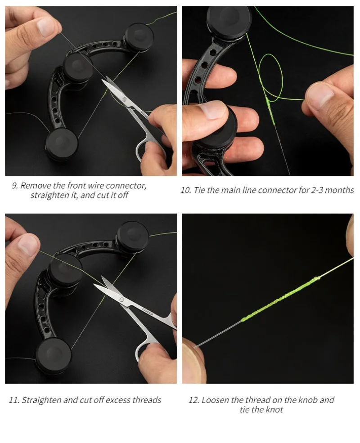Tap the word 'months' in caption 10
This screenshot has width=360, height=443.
(339, 190)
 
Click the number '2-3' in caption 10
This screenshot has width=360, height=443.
(317, 190)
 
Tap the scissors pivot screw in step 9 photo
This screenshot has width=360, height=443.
(124, 99)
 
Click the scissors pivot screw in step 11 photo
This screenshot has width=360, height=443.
(122, 300)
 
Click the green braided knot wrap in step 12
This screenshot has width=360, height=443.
(281, 300)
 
